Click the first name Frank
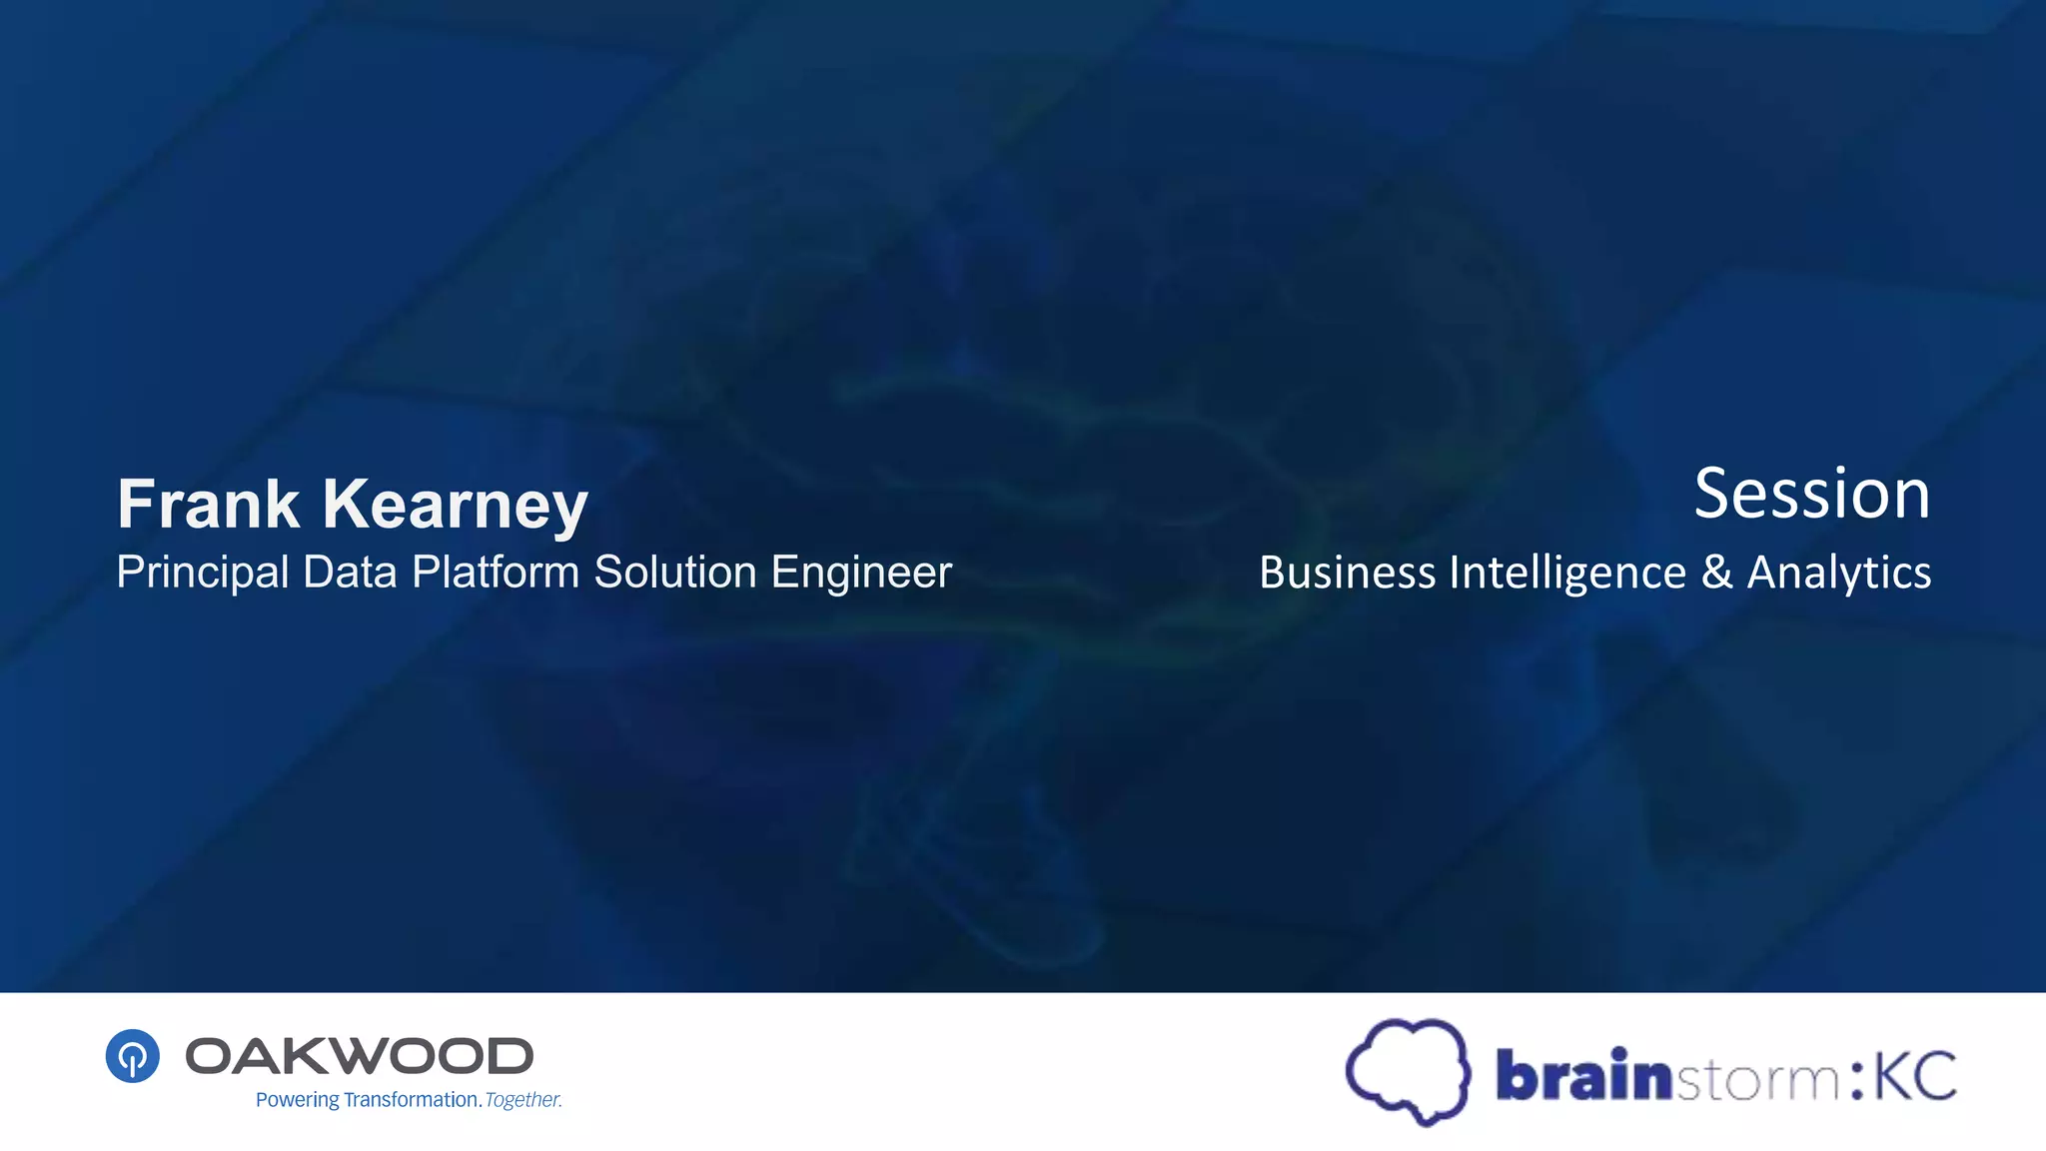coord(208,504)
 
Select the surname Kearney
coord(455,506)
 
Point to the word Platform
coord(496,573)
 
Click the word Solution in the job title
coord(675,573)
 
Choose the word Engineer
coord(861,574)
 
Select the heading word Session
coord(1812,495)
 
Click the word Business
coord(1347,573)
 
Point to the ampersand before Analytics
coord(1716,573)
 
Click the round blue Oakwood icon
coord(133,1056)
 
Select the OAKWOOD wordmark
coord(360,1056)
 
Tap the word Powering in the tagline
coord(298,1100)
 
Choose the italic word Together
coord(523,1100)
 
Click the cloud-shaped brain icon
coord(1408,1071)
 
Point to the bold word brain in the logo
coord(1582,1076)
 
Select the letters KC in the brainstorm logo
coord(1914,1076)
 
